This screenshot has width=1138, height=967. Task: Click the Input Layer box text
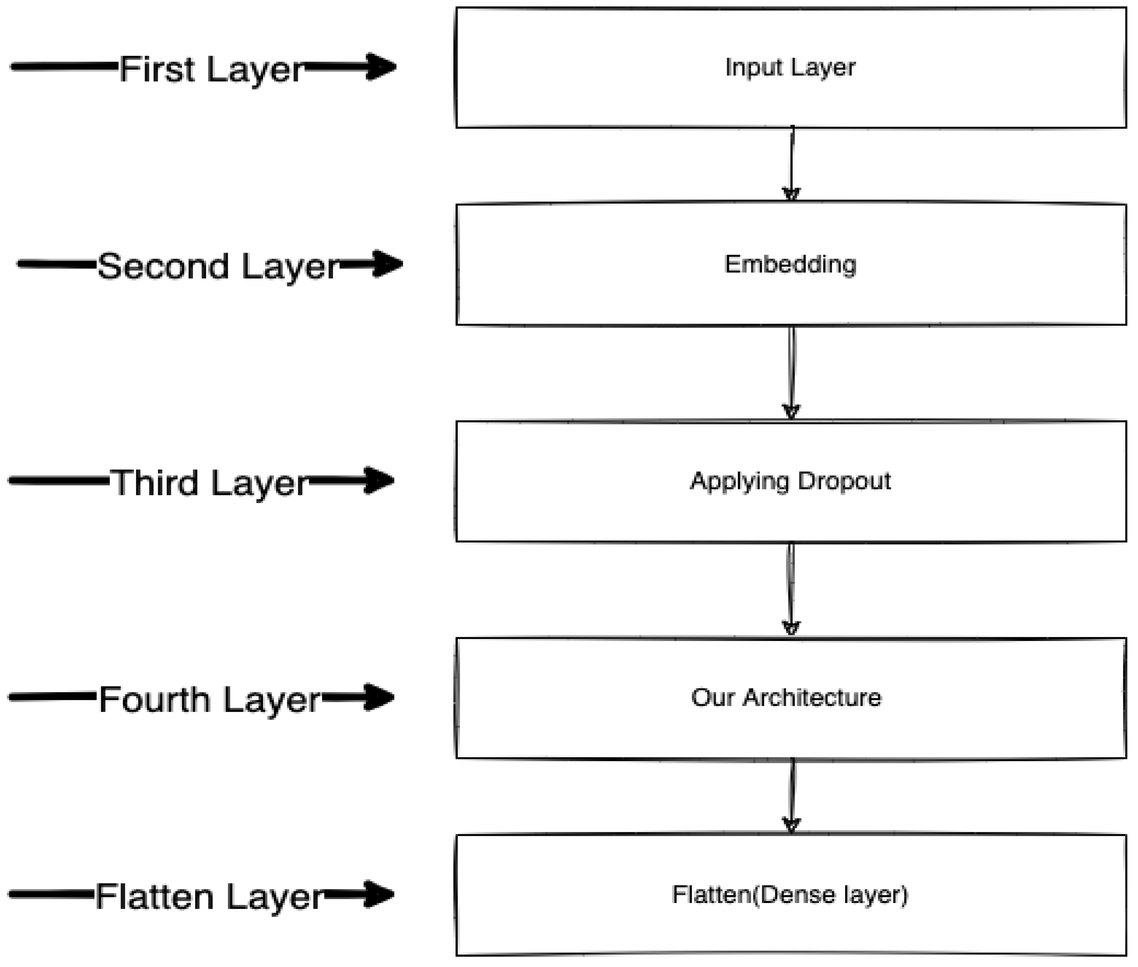790,68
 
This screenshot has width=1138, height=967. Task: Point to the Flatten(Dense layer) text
790,894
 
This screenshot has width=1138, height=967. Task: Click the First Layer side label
211,70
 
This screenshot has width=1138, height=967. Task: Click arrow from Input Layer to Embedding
791,165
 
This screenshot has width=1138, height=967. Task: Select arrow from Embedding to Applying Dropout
791,373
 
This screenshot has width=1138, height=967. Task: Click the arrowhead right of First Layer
381,67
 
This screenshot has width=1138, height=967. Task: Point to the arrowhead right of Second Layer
387,264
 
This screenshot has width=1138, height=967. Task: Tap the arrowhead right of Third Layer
379,480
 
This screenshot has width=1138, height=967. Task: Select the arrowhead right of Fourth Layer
379,697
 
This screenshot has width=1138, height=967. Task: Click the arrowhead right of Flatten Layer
379,894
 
